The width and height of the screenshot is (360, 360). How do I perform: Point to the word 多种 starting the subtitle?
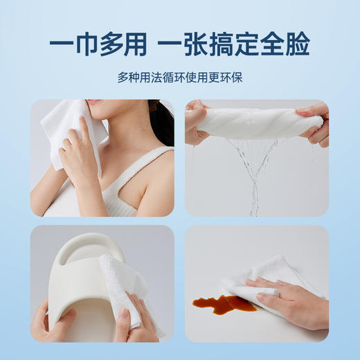pos(128,77)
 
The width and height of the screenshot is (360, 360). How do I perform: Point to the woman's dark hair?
pos(163,121)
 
